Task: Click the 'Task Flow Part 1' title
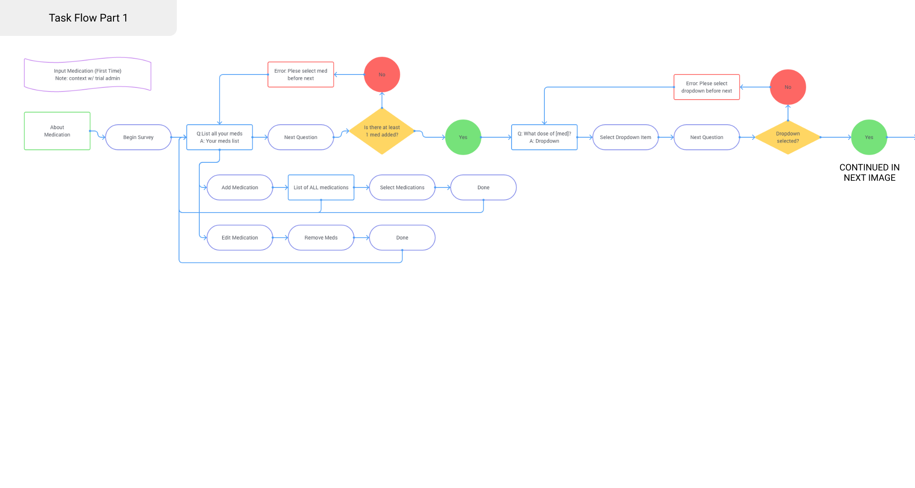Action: coord(88,18)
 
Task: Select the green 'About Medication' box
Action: coord(57,131)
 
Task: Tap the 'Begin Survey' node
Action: coord(138,137)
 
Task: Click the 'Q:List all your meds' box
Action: coord(219,137)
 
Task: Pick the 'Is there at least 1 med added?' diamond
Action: coord(382,131)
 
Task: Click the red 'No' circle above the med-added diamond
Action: coord(382,74)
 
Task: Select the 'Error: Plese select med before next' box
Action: coord(301,74)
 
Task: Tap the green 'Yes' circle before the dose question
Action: coord(463,137)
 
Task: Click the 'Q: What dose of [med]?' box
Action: coord(544,137)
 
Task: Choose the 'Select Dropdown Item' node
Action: coord(626,137)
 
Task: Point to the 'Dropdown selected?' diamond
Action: coord(788,137)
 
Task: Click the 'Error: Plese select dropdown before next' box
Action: coord(707,87)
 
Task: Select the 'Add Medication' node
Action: coord(240,187)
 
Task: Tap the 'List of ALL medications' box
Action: coord(321,187)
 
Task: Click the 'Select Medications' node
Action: coord(402,187)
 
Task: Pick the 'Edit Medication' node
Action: coord(240,238)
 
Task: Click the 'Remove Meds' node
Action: coord(321,238)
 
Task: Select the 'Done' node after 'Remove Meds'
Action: coord(402,238)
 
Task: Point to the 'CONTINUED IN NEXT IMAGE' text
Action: coord(869,173)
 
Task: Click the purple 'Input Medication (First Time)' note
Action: coord(88,74)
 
